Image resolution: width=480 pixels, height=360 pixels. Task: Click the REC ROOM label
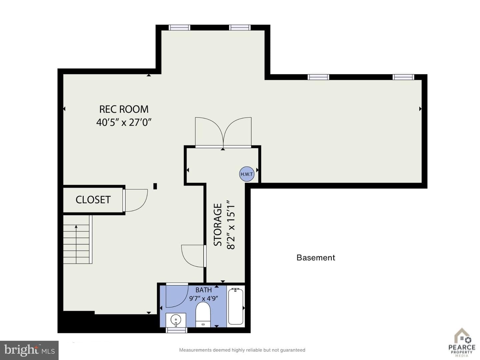[x=124, y=109]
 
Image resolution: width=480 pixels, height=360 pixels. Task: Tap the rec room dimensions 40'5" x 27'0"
[x=124, y=122]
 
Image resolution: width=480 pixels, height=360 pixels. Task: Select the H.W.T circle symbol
[x=247, y=174]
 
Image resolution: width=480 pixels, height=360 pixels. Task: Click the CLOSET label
[x=93, y=200]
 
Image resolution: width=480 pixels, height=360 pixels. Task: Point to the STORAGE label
[x=218, y=225]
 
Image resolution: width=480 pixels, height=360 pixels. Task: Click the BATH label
[x=204, y=290]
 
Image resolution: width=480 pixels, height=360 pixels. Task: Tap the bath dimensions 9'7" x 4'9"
[x=204, y=298]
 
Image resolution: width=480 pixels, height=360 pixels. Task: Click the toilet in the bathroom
[x=203, y=315]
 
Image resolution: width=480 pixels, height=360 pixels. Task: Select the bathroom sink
[x=176, y=320]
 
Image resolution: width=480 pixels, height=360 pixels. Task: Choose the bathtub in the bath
[x=236, y=306]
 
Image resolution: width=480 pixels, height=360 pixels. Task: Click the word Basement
[x=316, y=258]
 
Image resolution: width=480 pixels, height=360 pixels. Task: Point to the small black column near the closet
[x=155, y=186]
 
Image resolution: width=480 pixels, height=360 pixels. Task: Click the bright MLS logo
[x=29, y=350]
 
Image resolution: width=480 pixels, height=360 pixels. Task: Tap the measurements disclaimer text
[x=242, y=350]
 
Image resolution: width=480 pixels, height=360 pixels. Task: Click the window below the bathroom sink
[x=176, y=330]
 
